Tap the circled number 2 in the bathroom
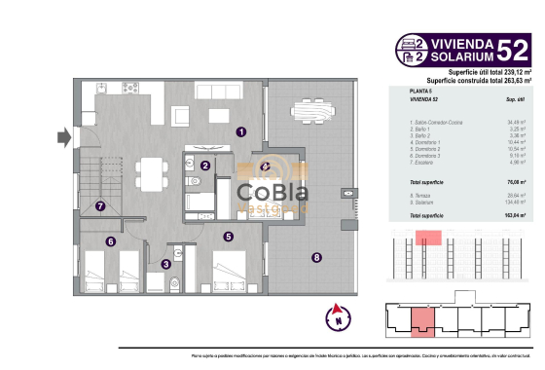205,166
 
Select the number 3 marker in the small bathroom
165,263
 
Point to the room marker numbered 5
228,236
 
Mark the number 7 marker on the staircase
100,205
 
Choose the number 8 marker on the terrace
316,258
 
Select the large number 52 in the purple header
512,49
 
